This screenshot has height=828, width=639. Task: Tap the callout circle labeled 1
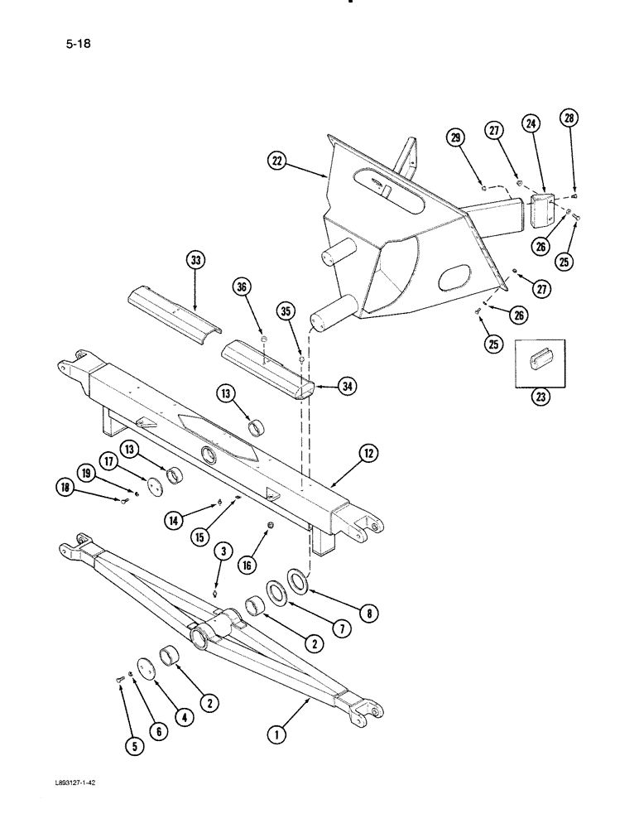[279, 732]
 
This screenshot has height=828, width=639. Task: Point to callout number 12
[369, 452]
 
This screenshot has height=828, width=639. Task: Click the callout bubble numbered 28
[569, 119]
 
